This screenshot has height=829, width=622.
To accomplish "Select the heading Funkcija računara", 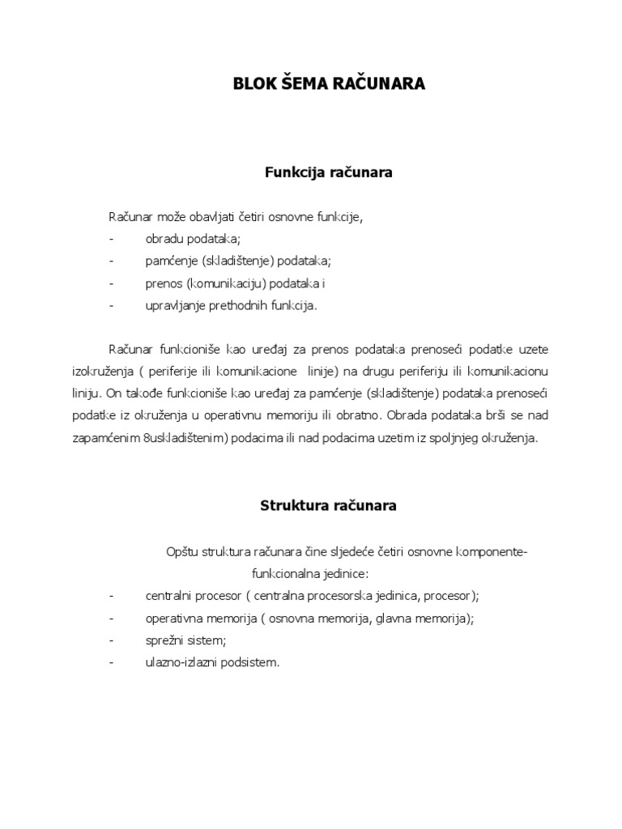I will (329, 172).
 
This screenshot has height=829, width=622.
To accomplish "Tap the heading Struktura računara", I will (328, 506).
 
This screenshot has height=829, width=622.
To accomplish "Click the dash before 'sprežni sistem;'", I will (110, 640).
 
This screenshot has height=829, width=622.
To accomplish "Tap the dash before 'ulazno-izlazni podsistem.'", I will (110, 661).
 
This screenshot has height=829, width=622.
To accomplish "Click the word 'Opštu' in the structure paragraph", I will (181, 551).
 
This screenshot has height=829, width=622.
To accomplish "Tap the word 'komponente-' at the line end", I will (492, 551).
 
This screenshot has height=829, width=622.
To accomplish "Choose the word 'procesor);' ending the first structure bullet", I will (453, 596).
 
